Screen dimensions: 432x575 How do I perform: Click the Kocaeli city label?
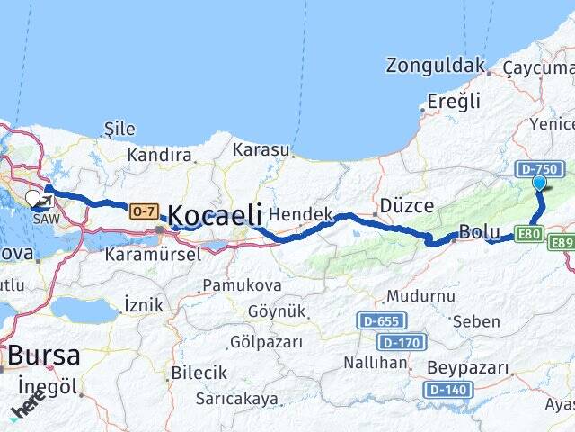coord(215,215)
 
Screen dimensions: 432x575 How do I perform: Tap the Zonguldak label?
coord(435,65)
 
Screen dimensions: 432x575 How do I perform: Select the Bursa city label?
coord(43,355)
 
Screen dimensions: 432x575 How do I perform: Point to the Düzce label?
coord(407,205)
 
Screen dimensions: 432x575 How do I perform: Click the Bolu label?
coord(479,231)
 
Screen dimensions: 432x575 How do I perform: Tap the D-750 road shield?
coord(539,168)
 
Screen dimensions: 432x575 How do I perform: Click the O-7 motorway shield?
coord(144,211)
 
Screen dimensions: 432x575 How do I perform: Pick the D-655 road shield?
coord(382,320)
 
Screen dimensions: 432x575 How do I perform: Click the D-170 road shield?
coord(401,342)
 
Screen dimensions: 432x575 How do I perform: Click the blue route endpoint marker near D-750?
coord(539,183)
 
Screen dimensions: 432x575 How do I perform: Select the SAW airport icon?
coord(44,200)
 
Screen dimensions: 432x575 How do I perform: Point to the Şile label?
coord(119,130)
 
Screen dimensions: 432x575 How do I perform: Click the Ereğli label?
coord(454,101)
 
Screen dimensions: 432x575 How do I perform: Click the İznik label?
coord(144,304)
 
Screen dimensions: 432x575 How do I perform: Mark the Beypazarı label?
coord(467,368)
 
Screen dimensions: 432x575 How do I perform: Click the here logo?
coord(27,408)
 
